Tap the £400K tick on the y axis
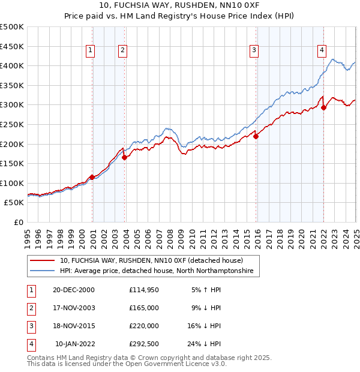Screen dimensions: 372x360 [x=13, y=65]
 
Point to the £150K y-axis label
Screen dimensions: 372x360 [x=13, y=163]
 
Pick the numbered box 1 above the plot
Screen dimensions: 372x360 [x=90, y=51]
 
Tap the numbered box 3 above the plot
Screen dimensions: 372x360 [x=254, y=51]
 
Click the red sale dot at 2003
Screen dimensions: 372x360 [x=125, y=158]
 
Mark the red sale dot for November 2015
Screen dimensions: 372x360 [x=256, y=136]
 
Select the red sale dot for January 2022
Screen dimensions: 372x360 [x=323, y=108]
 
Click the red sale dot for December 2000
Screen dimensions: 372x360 [x=92, y=177]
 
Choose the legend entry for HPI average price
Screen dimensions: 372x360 [x=157, y=271]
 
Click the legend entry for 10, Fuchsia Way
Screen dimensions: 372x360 [x=151, y=260]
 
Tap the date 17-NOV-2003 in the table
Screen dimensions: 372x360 [x=74, y=308]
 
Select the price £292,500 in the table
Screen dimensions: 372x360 [x=144, y=344]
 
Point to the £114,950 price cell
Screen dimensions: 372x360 [x=144, y=290]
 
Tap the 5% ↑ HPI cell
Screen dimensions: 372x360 [x=206, y=290]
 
